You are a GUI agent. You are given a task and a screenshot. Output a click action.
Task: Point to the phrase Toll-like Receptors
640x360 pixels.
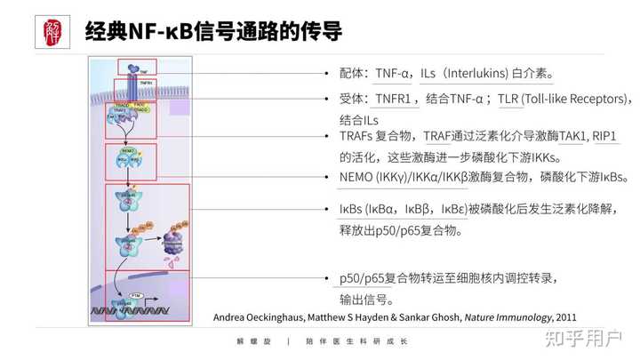click(x=574, y=99)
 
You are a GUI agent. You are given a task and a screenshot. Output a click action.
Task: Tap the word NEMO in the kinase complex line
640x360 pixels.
click(x=357, y=177)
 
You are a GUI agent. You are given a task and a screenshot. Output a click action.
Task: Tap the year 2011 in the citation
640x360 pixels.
click(x=565, y=317)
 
